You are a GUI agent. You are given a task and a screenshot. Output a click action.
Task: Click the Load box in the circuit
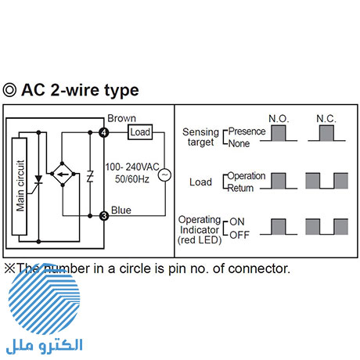[x=140, y=132]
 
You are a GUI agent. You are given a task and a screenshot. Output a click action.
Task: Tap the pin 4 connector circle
[x=104, y=132]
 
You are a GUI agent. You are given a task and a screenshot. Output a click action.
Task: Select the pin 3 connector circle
[x=104, y=216]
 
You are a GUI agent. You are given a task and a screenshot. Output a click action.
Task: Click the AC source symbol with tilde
[x=165, y=175]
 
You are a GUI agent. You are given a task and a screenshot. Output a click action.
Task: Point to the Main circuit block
[x=20, y=186]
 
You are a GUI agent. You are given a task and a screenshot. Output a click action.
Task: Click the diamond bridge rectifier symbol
[x=63, y=174]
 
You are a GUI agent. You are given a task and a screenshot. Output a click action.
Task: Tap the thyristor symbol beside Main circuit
[x=38, y=182]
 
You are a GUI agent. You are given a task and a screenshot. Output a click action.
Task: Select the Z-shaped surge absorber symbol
[x=90, y=176]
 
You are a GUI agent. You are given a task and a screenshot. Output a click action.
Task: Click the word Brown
[x=121, y=118]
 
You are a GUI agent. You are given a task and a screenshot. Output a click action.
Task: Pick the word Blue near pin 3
[x=121, y=211]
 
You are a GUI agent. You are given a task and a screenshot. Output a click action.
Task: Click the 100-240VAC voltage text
[x=132, y=167]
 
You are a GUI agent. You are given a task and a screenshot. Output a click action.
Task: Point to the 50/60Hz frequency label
[x=132, y=179]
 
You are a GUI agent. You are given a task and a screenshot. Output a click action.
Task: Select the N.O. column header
[x=279, y=119]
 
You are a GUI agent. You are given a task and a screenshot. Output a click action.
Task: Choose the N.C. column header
[x=326, y=119]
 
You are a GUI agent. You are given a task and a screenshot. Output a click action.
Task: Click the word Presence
[x=247, y=131]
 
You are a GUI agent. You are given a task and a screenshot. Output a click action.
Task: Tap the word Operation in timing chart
[x=247, y=176]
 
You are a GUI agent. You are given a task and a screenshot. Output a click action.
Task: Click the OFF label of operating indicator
[x=239, y=235]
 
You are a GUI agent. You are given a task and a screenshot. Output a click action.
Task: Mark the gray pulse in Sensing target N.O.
[x=279, y=133]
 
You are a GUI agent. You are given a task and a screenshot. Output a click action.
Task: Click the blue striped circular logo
[x=45, y=299]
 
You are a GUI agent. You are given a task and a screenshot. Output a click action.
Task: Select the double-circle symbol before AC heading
[x=10, y=90]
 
